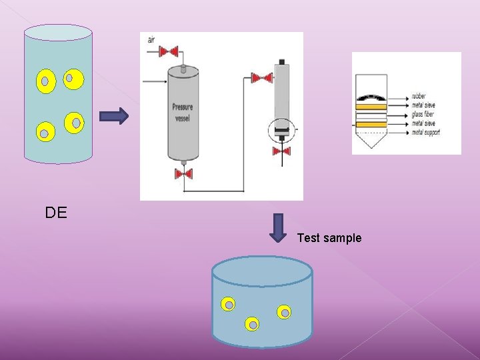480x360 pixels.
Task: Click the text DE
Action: click(56, 213)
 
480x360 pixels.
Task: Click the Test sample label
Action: click(329, 238)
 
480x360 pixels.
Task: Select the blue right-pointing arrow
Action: click(113, 117)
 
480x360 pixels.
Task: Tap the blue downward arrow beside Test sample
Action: click(279, 227)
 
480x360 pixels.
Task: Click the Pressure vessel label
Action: click(183, 111)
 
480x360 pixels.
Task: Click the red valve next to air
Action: click(170, 51)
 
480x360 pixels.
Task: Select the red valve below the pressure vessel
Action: click(183, 174)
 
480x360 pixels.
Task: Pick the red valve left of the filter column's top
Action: click(261, 78)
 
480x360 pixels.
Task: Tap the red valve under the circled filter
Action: click(281, 151)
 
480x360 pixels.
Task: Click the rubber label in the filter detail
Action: click(419, 97)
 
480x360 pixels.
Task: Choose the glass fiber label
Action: click(423, 114)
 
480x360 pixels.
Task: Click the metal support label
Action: click(426, 132)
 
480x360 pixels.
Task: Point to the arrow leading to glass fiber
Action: click(398, 115)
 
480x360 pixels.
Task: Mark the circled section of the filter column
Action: click(281, 129)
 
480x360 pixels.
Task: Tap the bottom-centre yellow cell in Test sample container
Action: click(252, 325)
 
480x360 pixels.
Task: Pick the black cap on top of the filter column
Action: click(282, 62)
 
